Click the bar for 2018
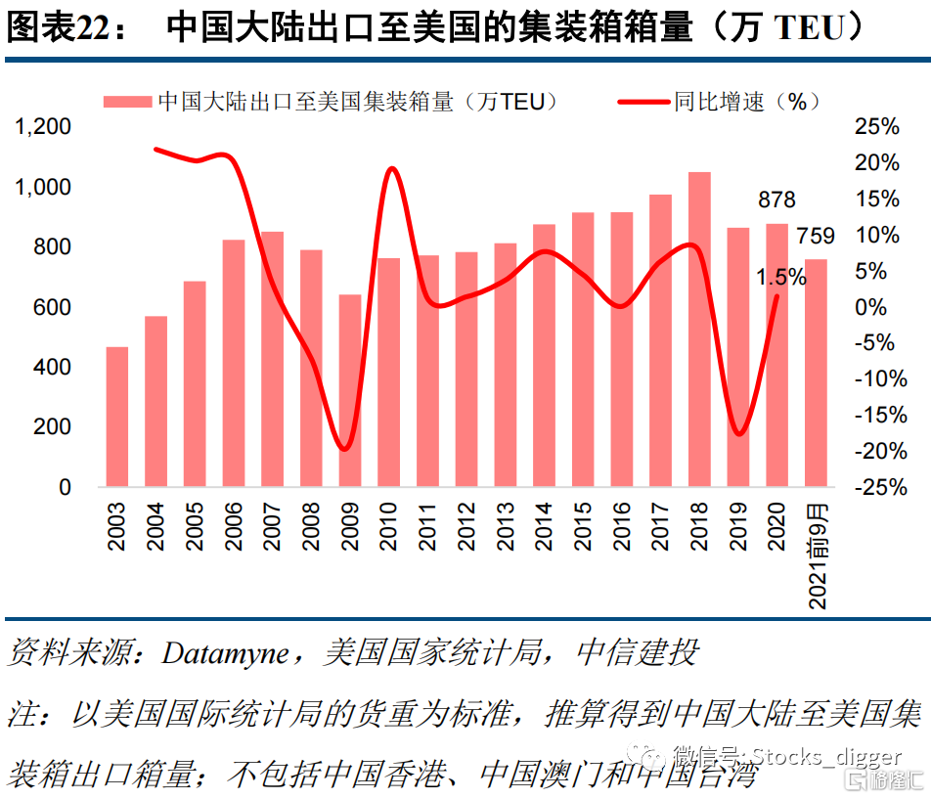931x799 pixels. click(x=699, y=329)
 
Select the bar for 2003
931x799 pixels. click(x=117, y=417)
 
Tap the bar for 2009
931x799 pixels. click(x=350, y=390)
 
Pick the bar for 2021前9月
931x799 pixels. click(x=816, y=373)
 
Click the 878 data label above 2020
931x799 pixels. click(x=777, y=200)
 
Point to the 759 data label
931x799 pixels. click(x=816, y=236)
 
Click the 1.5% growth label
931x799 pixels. click(x=780, y=278)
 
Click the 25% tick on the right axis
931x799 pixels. click(x=876, y=127)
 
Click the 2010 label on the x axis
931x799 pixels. click(x=389, y=527)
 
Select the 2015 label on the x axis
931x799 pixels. click(x=583, y=527)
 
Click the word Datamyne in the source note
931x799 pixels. click(x=225, y=653)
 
